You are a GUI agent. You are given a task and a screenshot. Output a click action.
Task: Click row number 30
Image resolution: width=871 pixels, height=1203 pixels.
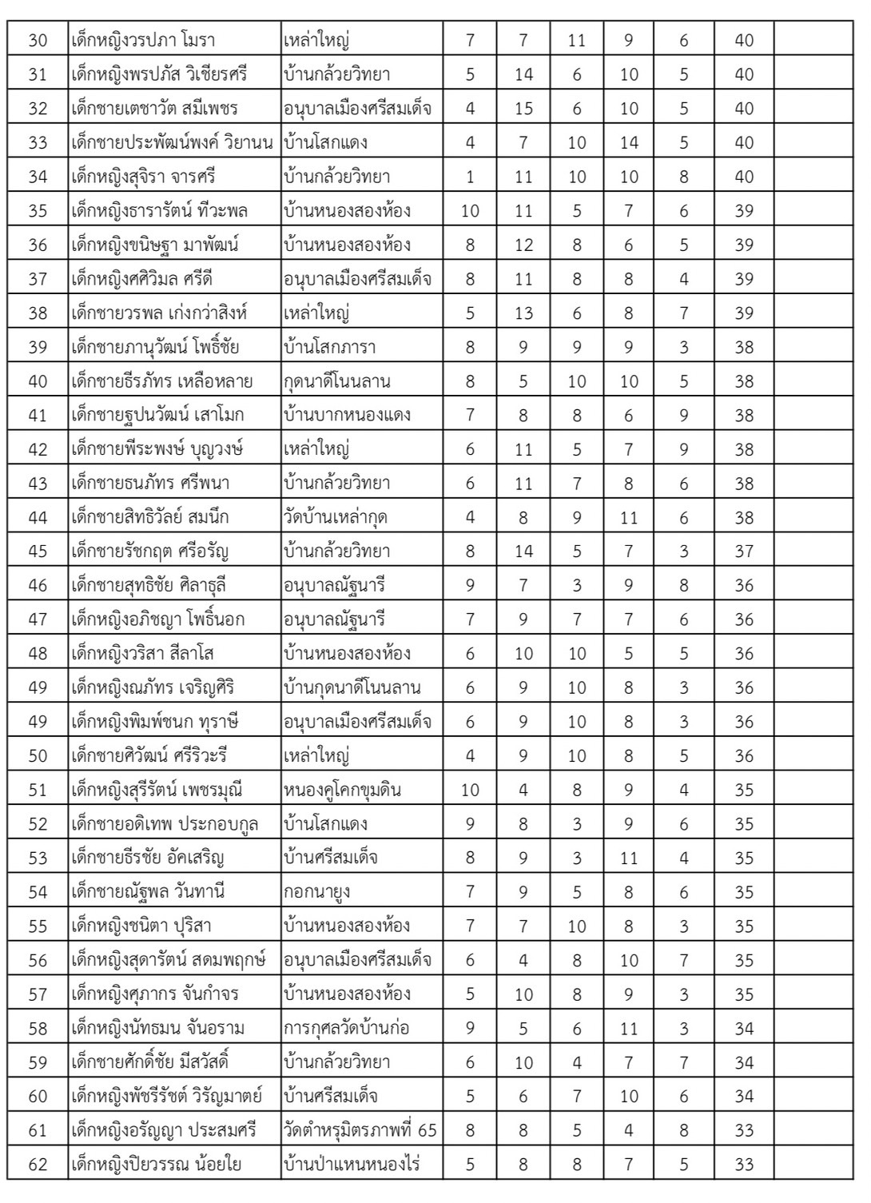(x=38, y=41)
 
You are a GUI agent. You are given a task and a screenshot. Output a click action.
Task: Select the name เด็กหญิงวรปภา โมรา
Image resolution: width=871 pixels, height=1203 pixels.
(x=143, y=41)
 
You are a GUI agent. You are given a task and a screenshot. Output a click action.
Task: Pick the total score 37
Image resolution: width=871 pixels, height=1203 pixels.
(x=744, y=552)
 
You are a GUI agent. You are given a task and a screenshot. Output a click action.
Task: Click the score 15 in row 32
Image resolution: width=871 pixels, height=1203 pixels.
(x=523, y=109)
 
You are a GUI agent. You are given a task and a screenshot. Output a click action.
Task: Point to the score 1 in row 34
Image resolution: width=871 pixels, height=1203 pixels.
(x=470, y=177)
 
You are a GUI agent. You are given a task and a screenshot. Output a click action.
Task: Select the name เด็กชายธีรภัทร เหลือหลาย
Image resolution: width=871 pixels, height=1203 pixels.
(x=162, y=381)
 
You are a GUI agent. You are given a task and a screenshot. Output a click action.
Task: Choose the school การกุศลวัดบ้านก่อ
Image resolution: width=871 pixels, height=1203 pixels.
(x=347, y=1028)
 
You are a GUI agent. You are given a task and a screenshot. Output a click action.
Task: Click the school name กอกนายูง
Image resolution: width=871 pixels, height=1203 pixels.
(x=316, y=892)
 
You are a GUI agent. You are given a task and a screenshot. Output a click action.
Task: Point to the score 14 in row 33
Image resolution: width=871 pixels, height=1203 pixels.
(x=629, y=143)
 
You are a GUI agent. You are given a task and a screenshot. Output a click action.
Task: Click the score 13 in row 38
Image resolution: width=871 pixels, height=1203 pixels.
(x=523, y=313)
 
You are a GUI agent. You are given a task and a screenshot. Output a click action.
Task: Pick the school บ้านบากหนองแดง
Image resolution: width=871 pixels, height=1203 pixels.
(x=348, y=415)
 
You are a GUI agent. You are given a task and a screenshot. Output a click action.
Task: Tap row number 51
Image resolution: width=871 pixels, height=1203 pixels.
(x=38, y=791)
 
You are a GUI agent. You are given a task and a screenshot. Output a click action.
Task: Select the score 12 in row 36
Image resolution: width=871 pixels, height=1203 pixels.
(x=523, y=245)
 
